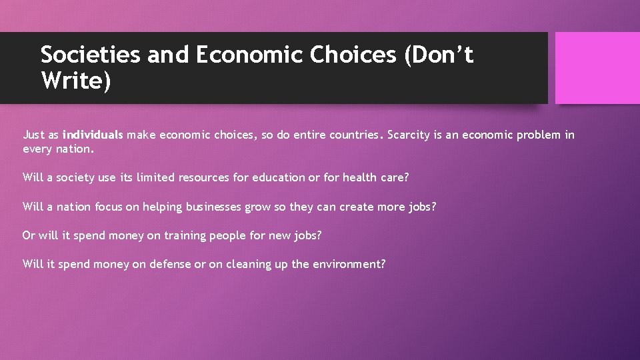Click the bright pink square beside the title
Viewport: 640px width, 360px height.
coord(597,68)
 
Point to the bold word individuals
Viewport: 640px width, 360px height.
coord(93,135)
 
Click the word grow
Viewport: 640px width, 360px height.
coord(258,207)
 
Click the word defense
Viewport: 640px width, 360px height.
coord(170,265)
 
